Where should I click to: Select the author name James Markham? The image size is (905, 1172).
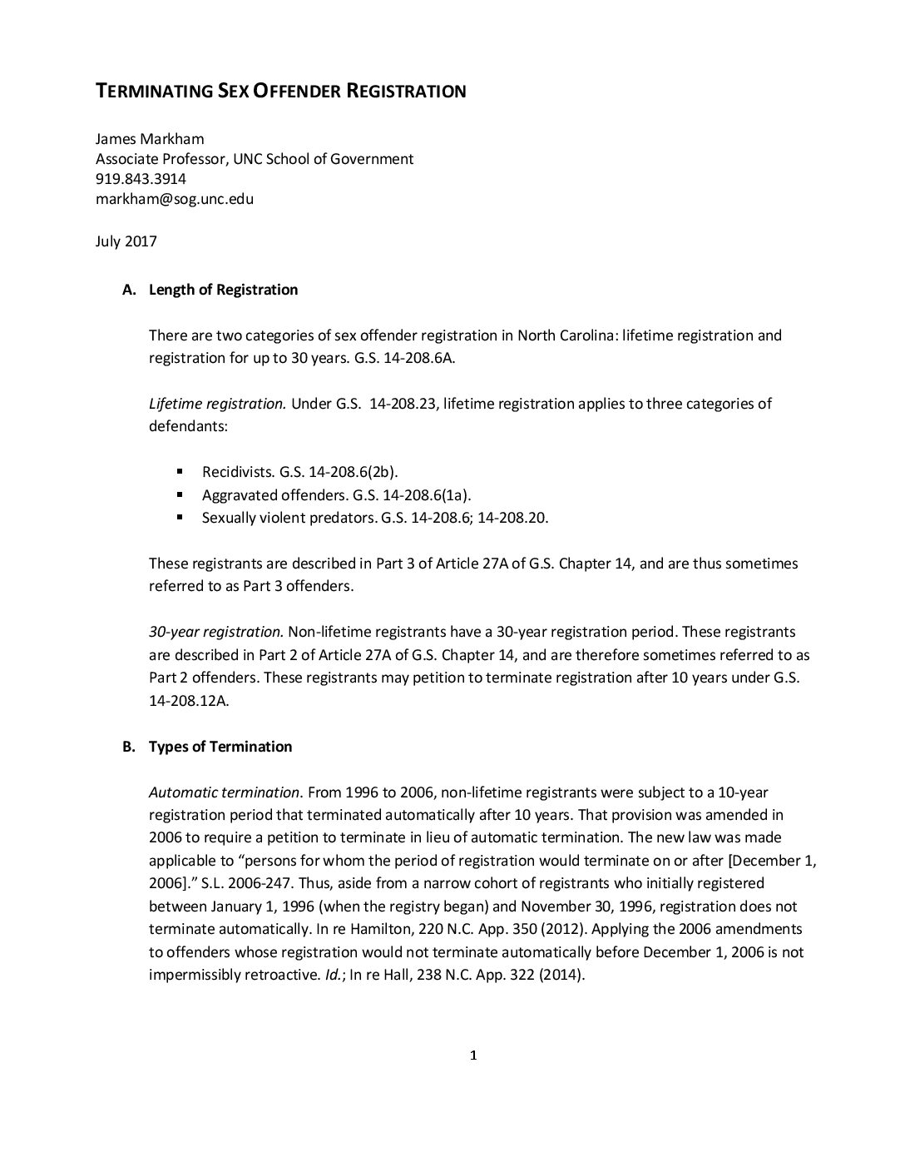tap(150, 139)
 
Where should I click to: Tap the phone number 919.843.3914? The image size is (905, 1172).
tap(141, 179)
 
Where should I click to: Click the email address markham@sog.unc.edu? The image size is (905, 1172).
tap(175, 199)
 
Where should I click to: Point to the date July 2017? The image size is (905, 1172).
tap(126, 242)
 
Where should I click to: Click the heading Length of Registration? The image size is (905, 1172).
tap(223, 290)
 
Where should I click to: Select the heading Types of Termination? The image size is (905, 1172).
tap(220, 747)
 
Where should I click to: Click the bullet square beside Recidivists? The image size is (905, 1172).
tap(179, 470)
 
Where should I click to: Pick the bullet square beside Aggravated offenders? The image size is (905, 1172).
tap(179, 494)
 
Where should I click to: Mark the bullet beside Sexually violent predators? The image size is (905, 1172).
tap(179, 516)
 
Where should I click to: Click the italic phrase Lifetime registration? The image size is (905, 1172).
tap(217, 404)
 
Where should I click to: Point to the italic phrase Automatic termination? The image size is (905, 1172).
tap(224, 792)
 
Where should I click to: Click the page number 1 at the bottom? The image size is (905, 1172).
tap(473, 1056)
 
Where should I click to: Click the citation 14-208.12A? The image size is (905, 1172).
tap(188, 700)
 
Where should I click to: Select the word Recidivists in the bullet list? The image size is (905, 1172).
tap(237, 472)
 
